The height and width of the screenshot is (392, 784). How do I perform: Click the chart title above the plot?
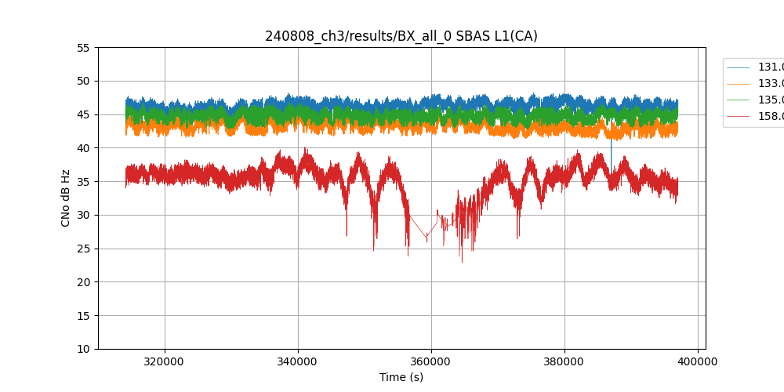(x=401, y=36)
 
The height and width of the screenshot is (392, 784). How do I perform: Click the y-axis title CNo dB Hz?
(x=66, y=198)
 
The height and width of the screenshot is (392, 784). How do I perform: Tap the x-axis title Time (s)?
(x=401, y=377)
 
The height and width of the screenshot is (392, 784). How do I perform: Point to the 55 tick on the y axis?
(x=83, y=47)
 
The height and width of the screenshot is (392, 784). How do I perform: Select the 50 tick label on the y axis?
(x=83, y=81)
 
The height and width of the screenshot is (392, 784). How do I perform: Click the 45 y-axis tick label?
(x=83, y=114)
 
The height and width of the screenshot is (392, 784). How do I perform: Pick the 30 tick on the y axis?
(x=83, y=215)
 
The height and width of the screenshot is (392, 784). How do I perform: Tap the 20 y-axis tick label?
(x=83, y=282)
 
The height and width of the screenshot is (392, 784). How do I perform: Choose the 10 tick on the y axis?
(x=83, y=349)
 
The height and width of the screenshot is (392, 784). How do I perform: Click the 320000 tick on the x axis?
(x=165, y=362)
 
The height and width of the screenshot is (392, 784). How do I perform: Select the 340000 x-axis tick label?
(x=298, y=362)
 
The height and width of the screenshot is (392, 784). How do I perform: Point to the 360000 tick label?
(x=431, y=362)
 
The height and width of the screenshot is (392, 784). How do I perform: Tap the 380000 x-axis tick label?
(x=564, y=362)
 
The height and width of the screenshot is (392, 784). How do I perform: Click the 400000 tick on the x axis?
(x=698, y=362)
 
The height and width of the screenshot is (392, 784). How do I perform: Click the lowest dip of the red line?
(x=462, y=261)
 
